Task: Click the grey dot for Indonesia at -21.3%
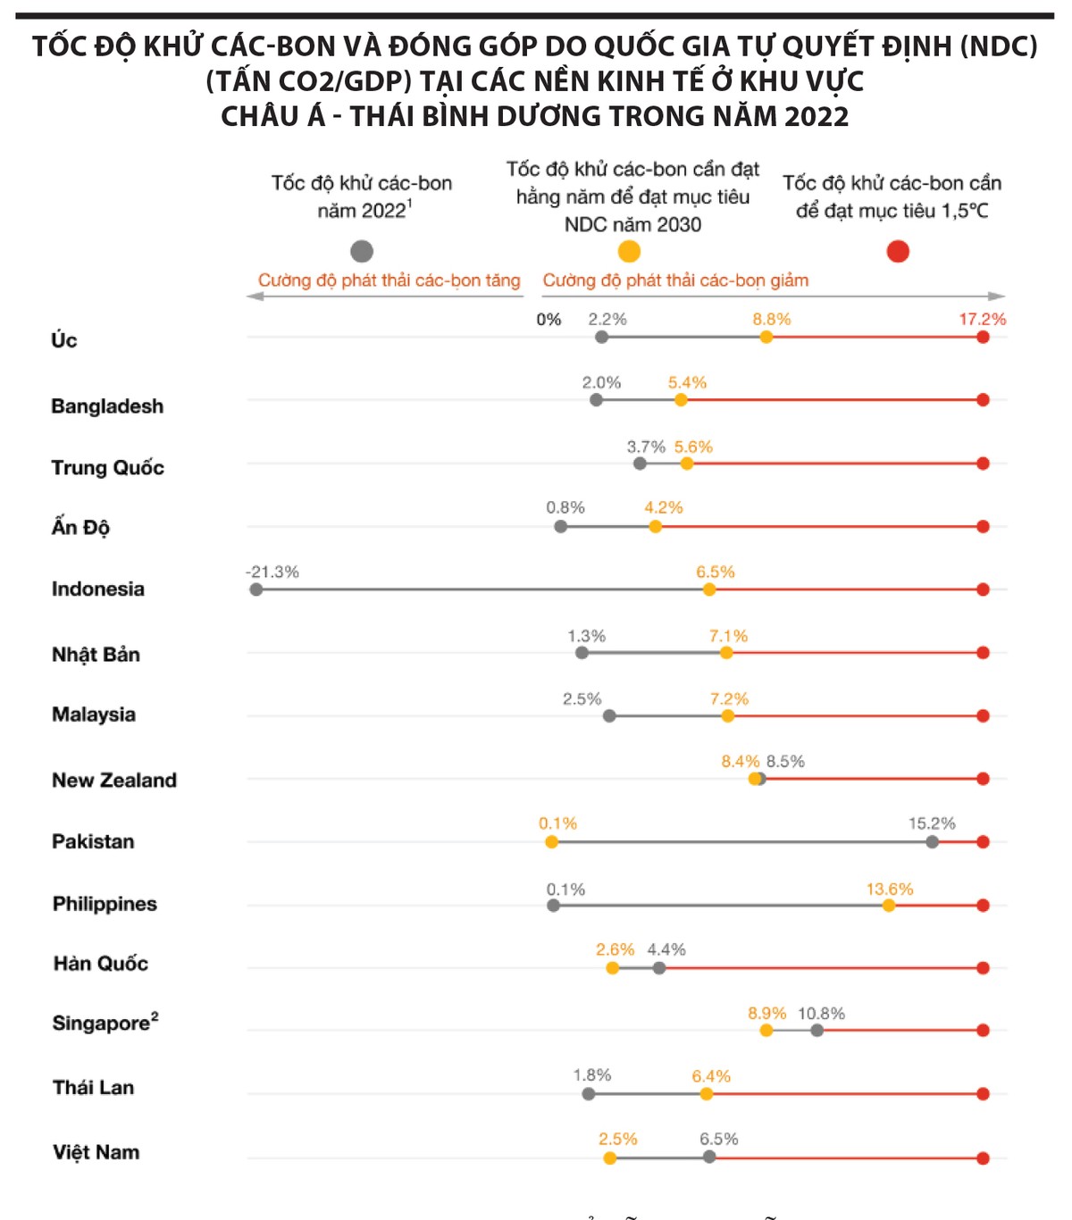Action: [x=256, y=589]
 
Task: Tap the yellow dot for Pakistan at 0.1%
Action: [x=551, y=841]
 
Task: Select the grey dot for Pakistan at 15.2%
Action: [x=933, y=841]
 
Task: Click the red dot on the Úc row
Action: [x=983, y=337]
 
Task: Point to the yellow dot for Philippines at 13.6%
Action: [x=889, y=906]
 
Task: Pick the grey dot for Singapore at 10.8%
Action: [x=817, y=1030]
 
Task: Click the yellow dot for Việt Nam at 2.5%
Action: [x=609, y=1158]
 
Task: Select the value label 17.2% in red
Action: [x=982, y=319]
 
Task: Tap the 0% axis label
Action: [x=549, y=320]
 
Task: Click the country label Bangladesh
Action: [x=107, y=406]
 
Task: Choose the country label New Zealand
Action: [x=114, y=781]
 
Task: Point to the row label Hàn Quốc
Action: [x=101, y=964]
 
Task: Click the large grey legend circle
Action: [x=362, y=251]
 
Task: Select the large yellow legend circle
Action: [x=630, y=251]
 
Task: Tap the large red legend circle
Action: [x=898, y=251]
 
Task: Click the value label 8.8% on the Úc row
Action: [x=771, y=319]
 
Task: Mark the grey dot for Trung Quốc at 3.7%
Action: [x=640, y=464]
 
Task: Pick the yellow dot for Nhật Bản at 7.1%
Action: [x=726, y=653]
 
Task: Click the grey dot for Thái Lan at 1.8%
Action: [x=588, y=1094]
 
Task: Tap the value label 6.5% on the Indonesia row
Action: [x=716, y=572]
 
